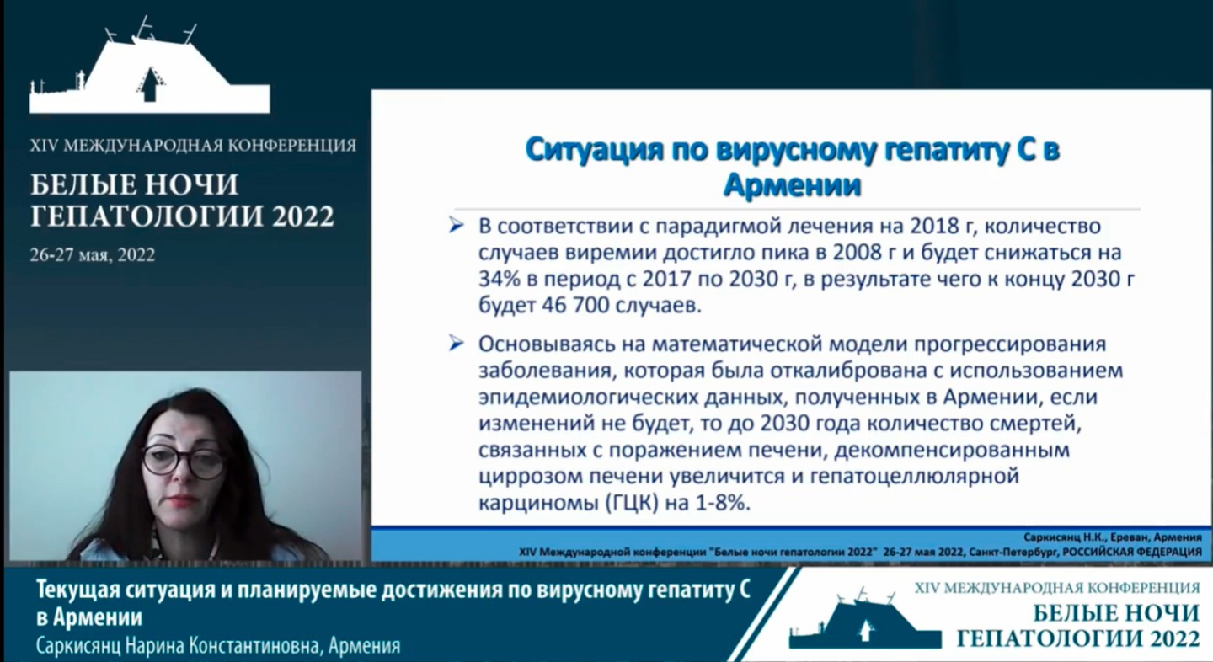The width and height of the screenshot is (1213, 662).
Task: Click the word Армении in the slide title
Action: [793, 184]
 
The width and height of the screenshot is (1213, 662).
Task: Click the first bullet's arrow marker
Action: [457, 226]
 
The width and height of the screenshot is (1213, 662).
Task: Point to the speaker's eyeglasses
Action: [183, 461]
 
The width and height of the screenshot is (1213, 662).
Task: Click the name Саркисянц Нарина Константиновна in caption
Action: [179, 647]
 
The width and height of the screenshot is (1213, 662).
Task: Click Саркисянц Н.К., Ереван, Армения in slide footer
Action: [1112, 537]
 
